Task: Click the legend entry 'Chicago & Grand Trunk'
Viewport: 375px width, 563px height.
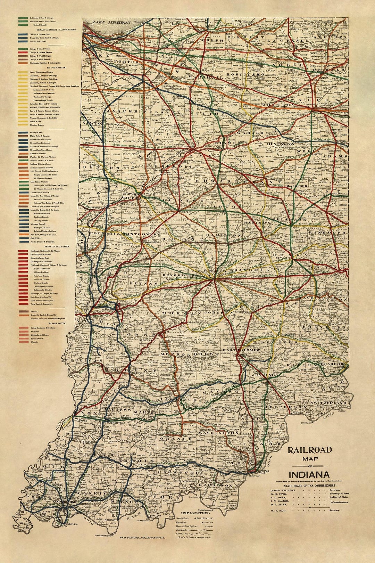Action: (x=39, y=49)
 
